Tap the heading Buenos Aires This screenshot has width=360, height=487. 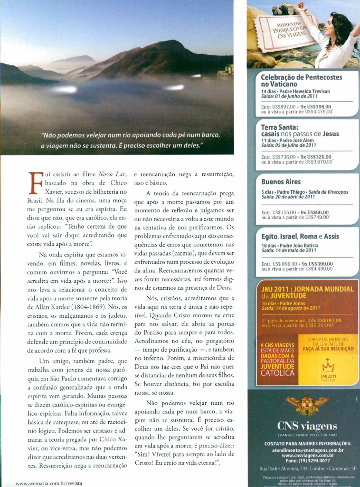(x=280, y=181)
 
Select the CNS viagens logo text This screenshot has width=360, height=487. (x=303, y=425)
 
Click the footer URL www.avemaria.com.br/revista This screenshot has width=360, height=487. (x=49, y=483)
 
